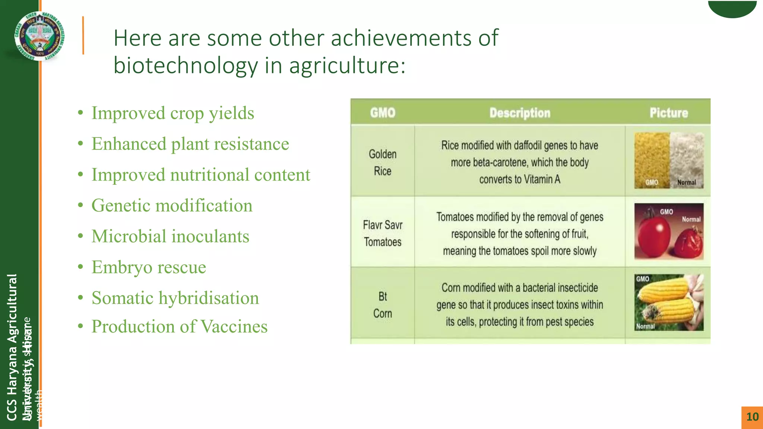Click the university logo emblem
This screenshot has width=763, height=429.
[40, 36]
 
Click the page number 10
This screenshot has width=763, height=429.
[752, 417]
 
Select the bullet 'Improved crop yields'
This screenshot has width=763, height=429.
[172, 113]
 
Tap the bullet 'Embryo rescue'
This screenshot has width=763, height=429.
[149, 267]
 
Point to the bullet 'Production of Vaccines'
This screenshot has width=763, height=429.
[179, 327]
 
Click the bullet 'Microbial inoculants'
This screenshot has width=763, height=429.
[170, 236]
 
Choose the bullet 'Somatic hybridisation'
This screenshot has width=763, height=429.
[175, 298]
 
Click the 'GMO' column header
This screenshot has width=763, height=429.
[383, 113]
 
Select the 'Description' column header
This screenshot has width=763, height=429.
[520, 113]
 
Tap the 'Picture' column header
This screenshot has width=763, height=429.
[669, 113]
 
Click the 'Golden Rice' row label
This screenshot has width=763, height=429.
[383, 162]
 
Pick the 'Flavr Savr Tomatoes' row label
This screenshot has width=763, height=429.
[383, 233]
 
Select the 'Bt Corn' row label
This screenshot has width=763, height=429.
[383, 305]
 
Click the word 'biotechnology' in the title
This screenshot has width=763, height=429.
[186, 66]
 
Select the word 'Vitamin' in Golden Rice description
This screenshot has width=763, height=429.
[538, 179]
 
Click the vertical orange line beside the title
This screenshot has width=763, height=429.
[83, 36]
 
